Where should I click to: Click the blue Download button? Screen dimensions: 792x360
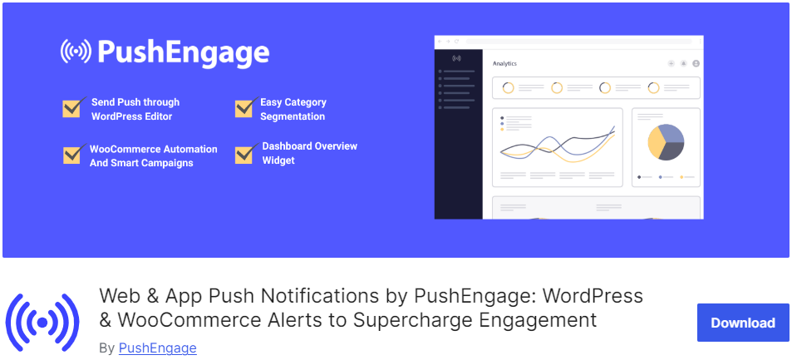pyautogui.click(x=743, y=323)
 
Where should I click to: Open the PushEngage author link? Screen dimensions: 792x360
pyautogui.click(x=158, y=348)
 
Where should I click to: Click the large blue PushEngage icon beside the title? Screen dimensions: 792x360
pyautogui.click(x=42, y=322)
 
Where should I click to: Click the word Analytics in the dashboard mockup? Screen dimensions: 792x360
pyautogui.click(x=504, y=64)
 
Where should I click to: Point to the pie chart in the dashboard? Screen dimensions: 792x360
pyautogui.click(x=666, y=142)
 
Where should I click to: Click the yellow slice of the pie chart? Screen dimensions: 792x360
pyautogui.click(x=655, y=142)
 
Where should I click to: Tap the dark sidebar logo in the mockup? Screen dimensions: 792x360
pyautogui.click(x=456, y=58)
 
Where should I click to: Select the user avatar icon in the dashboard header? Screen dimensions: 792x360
pyautogui.click(x=696, y=64)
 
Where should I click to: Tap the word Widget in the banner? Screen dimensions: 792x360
pyautogui.click(x=278, y=160)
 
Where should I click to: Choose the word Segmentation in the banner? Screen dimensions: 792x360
pyautogui.click(x=293, y=116)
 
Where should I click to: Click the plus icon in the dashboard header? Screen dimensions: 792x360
pyautogui.click(x=671, y=64)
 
